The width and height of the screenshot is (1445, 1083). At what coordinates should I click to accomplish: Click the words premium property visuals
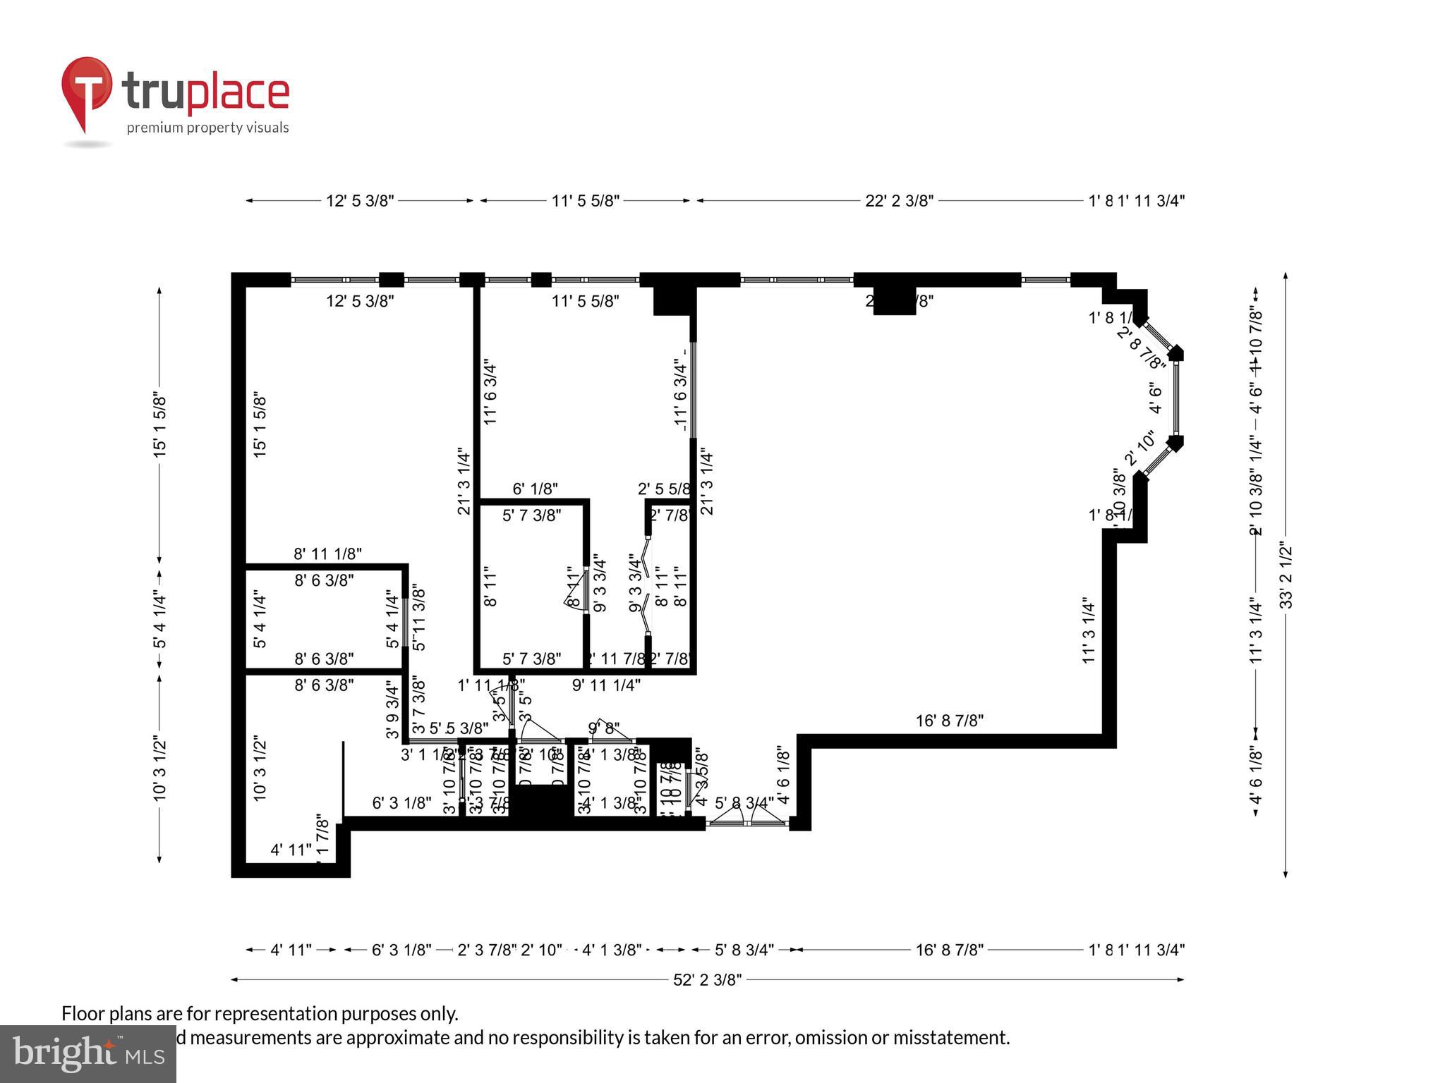click(207, 128)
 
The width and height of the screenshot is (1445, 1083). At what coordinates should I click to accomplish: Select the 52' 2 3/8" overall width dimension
click(707, 979)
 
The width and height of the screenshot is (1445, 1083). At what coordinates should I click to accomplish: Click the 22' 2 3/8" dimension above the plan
click(899, 201)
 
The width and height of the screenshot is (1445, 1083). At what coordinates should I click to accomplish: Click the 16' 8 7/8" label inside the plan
click(949, 721)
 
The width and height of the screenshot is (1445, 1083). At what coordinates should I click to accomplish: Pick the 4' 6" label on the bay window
click(1156, 398)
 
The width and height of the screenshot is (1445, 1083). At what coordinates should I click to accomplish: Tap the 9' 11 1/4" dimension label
click(606, 685)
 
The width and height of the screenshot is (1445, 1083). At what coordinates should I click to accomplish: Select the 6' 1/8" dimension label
click(535, 489)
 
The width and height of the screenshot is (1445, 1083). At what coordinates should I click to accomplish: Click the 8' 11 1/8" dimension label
click(327, 554)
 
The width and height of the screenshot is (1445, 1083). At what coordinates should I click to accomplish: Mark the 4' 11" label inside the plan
click(291, 850)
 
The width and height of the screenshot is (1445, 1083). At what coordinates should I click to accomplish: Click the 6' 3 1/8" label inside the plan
click(401, 803)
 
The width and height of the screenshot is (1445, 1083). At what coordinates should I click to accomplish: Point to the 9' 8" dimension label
click(604, 728)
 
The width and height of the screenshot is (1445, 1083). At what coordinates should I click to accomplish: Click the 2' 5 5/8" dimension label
click(664, 489)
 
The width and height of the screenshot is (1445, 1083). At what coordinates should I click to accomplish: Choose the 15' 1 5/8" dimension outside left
click(160, 425)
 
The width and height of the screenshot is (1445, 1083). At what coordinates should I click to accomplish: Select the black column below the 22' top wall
click(894, 302)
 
